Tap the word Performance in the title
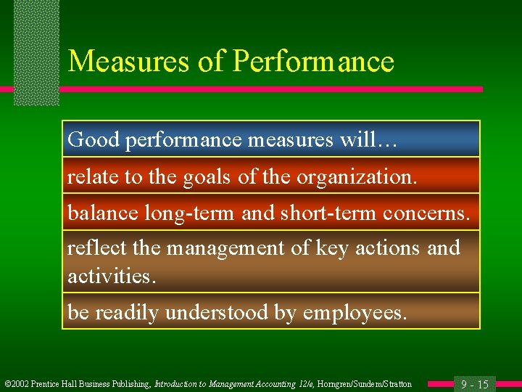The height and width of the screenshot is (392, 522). pyautogui.click(x=313, y=62)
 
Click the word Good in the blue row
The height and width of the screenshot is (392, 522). pyautogui.click(x=94, y=140)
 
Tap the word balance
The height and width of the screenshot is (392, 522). pyautogui.click(x=102, y=213)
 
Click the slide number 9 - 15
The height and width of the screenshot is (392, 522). pyautogui.click(x=475, y=384)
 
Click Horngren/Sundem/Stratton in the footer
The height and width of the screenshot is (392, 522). pyautogui.click(x=369, y=384)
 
